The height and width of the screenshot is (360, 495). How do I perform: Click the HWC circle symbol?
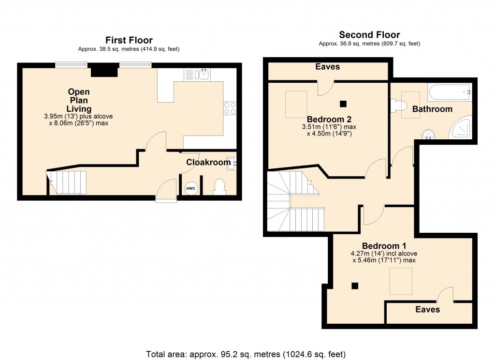(x=190, y=188)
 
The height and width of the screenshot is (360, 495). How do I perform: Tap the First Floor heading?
(x=129, y=40)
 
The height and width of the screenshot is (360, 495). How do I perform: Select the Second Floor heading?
(x=369, y=35)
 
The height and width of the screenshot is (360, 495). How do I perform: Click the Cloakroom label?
(x=208, y=163)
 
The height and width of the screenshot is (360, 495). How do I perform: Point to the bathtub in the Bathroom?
(x=449, y=91)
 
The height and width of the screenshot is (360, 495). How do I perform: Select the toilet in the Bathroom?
(x=399, y=105)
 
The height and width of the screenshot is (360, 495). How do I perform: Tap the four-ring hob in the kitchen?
(x=230, y=108)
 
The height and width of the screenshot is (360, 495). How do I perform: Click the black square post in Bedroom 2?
(x=343, y=103)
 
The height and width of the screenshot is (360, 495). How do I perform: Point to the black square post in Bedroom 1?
(x=355, y=286)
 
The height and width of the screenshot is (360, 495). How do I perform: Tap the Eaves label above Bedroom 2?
(x=328, y=67)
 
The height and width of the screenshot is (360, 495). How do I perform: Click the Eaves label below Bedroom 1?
(x=427, y=309)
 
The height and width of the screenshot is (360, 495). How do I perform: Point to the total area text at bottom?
(x=246, y=353)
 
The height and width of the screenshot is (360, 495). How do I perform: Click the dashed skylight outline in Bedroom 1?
(x=401, y=281)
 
